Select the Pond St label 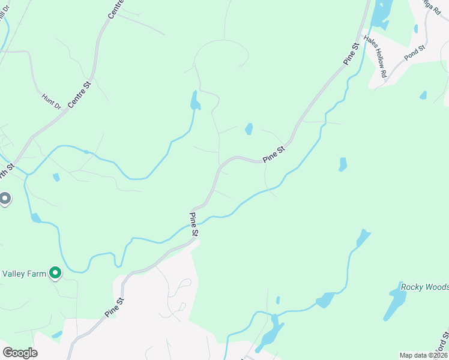(x=414, y=54)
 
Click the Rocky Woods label (x=424, y=287)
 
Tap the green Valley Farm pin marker (x=56, y=274)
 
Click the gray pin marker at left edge (x=5, y=198)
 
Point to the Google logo (x=20, y=353)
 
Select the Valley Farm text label (x=24, y=274)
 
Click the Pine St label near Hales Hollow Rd (x=351, y=53)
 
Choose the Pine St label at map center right (x=273, y=154)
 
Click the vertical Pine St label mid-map (x=194, y=223)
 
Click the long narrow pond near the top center (x=194, y=101)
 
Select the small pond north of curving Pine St (x=249, y=128)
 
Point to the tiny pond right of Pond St (x=423, y=95)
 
